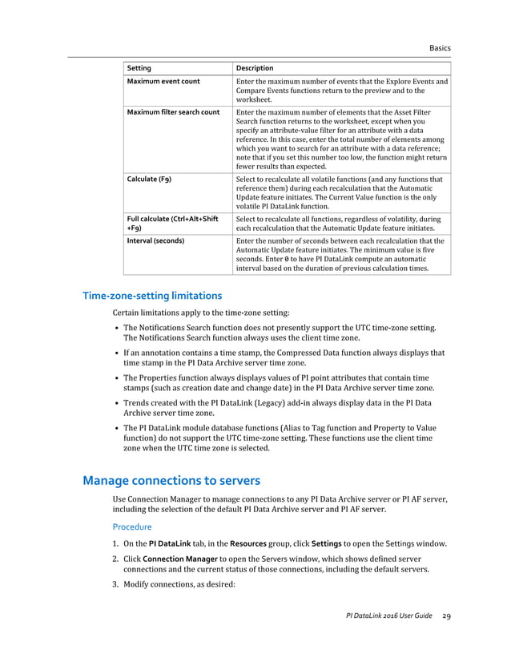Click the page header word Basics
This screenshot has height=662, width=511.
click(440, 48)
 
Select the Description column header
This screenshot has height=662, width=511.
click(255, 68)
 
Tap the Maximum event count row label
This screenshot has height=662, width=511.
click(163, 82)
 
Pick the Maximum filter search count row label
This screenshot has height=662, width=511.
click(173, 112)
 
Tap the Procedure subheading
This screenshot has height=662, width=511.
click(131, 527)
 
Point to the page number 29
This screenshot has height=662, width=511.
click(446, 616)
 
